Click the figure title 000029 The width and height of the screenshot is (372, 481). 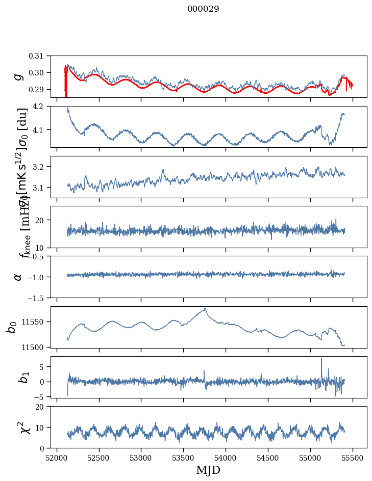203,9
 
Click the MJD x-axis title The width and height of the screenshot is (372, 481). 208,470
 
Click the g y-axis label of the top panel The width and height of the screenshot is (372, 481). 18,76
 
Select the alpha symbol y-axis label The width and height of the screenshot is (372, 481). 18,277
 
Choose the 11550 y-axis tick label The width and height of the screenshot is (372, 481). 37,322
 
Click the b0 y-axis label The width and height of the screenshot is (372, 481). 11,327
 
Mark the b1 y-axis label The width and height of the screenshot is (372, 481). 22,377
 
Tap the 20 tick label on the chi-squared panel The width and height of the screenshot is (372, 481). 45,407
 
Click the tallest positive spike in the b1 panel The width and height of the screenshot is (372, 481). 321,359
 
